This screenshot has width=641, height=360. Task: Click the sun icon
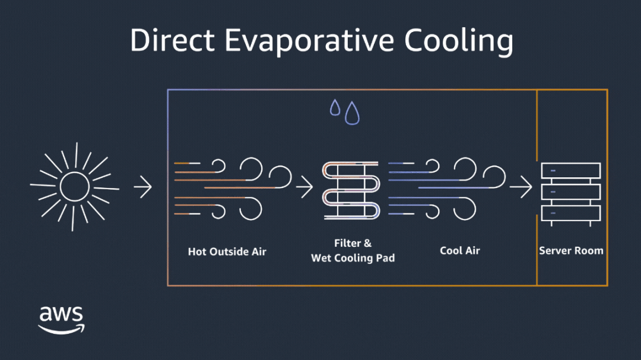[x=74, y=188]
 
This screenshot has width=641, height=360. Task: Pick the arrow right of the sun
[x=142, y=188]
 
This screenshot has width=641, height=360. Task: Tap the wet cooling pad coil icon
[x=351, y=190]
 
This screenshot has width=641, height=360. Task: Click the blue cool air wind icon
[x=445, y=188]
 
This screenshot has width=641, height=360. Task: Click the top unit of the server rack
[x=570, y=171]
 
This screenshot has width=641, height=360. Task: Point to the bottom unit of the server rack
[x=570, y=214]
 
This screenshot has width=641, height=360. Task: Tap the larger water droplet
[x=352, y=113]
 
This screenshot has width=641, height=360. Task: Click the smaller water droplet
[x=335, y=108]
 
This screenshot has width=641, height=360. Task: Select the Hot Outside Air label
[x=227, y=251]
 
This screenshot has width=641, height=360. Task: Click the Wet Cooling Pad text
[x=353, y=258]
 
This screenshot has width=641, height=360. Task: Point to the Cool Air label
[x=459, y=250]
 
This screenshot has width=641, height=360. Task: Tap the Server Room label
[x=571, y=251]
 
